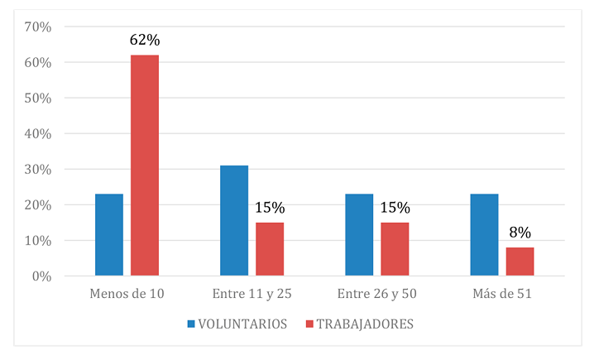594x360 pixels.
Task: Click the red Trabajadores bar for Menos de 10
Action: click(145, 166)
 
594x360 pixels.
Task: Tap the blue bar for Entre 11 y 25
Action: click(234, 220)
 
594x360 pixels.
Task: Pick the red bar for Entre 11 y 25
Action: click(270, 248)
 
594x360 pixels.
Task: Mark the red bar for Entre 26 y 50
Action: click(395, 248)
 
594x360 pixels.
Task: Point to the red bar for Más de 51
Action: click(520, 261)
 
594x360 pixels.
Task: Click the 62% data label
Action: click(145, 40)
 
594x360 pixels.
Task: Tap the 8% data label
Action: click(520, 233)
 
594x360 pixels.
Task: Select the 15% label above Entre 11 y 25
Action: click(270, 208)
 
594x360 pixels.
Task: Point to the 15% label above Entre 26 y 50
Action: click(395, 208)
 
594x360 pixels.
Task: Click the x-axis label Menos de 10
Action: click(127, 295)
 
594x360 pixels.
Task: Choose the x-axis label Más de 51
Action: click(501, 295)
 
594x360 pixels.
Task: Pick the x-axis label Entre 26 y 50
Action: click(376, 295)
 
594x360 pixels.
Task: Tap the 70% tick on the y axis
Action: click(39, 27)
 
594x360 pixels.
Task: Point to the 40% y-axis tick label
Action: click(39, 134)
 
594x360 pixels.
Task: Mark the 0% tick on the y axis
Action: click(42, 276)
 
